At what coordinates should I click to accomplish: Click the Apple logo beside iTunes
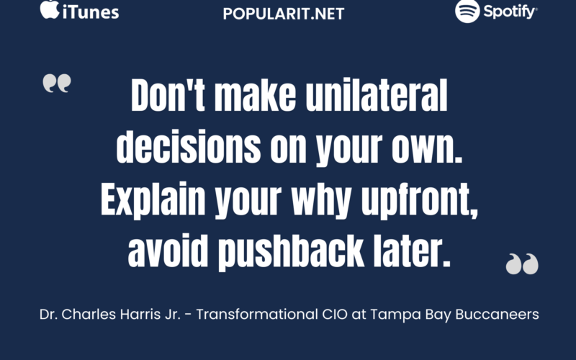pos(50,9)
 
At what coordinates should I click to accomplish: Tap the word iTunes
pos(91,12)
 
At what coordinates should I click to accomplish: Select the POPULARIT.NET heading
pos(283,14)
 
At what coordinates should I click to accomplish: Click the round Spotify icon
pos(467,11)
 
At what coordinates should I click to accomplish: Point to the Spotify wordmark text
pos(510,12)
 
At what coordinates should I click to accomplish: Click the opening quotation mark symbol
pos(57,83)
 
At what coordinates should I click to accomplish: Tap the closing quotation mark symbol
pos(522,264)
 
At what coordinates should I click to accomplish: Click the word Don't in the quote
pos(168,96)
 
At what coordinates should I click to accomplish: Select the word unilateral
pos(377,96)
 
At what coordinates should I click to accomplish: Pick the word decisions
pos(189,147)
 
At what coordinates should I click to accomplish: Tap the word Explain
pos(153,200)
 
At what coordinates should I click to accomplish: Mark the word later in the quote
pos(408,251)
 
